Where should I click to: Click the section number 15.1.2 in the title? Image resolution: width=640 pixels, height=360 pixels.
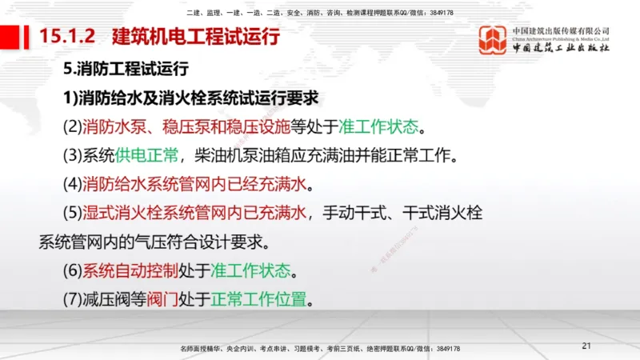tap(67, 37)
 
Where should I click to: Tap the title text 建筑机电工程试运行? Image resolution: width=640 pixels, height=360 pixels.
tap(196, 37)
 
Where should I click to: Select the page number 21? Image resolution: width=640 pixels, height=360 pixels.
tap(586, 346)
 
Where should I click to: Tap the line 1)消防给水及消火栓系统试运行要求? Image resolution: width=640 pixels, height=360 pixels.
tap(192, 98)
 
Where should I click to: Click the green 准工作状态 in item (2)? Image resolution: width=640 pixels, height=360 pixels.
tap(378, 127)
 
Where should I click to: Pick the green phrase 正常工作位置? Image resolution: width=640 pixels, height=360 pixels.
tap(258, 300)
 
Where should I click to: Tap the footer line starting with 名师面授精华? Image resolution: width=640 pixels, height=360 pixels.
tap(320, 349)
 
